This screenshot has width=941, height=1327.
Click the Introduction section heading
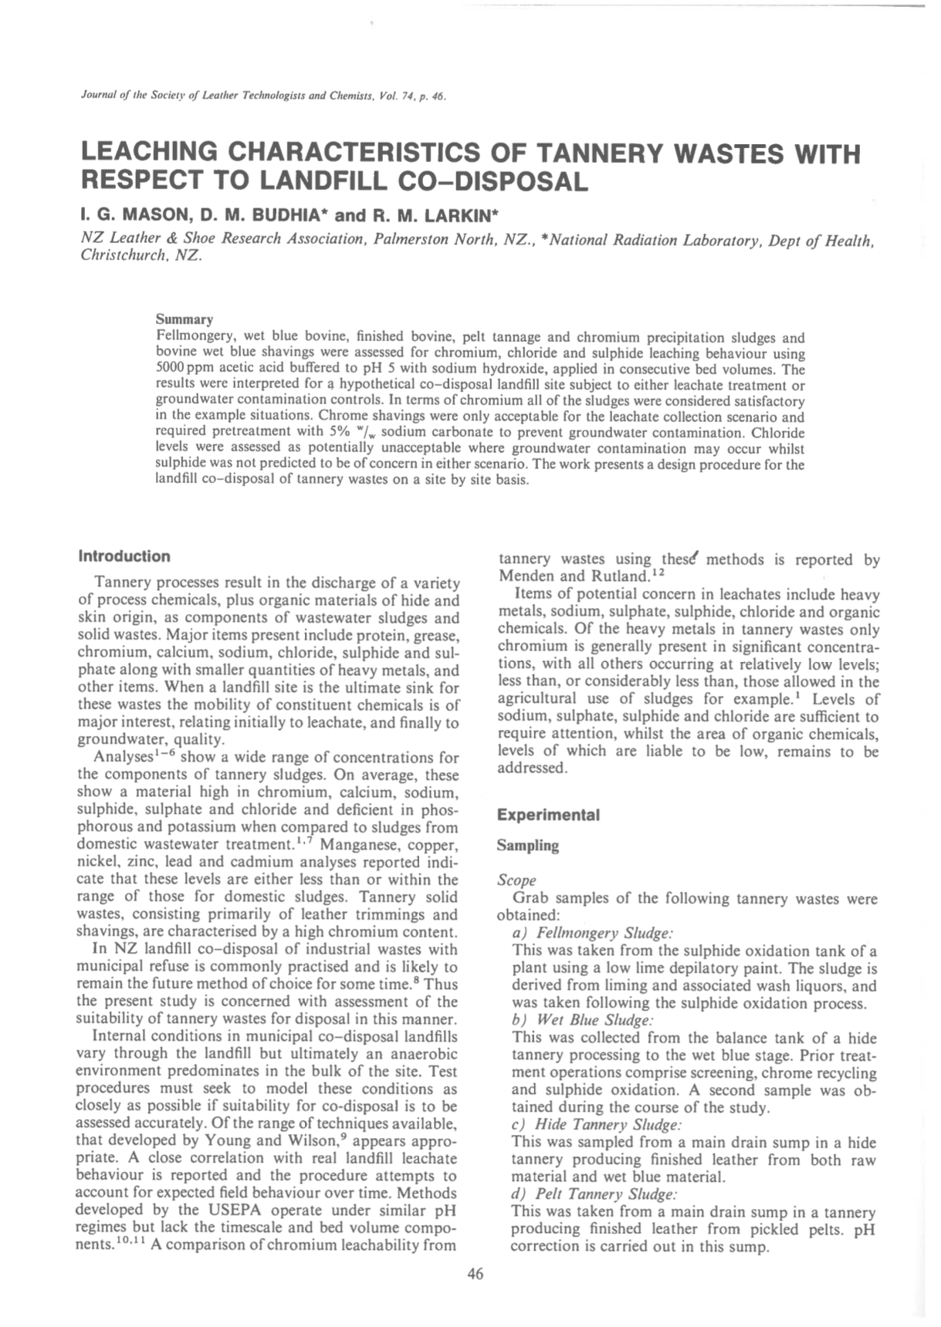tap(124, 556)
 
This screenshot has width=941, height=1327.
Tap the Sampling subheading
tap(528, 846)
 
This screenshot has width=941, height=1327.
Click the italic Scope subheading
tap(516, 880)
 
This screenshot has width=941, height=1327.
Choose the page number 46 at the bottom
tap(476, 1275)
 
